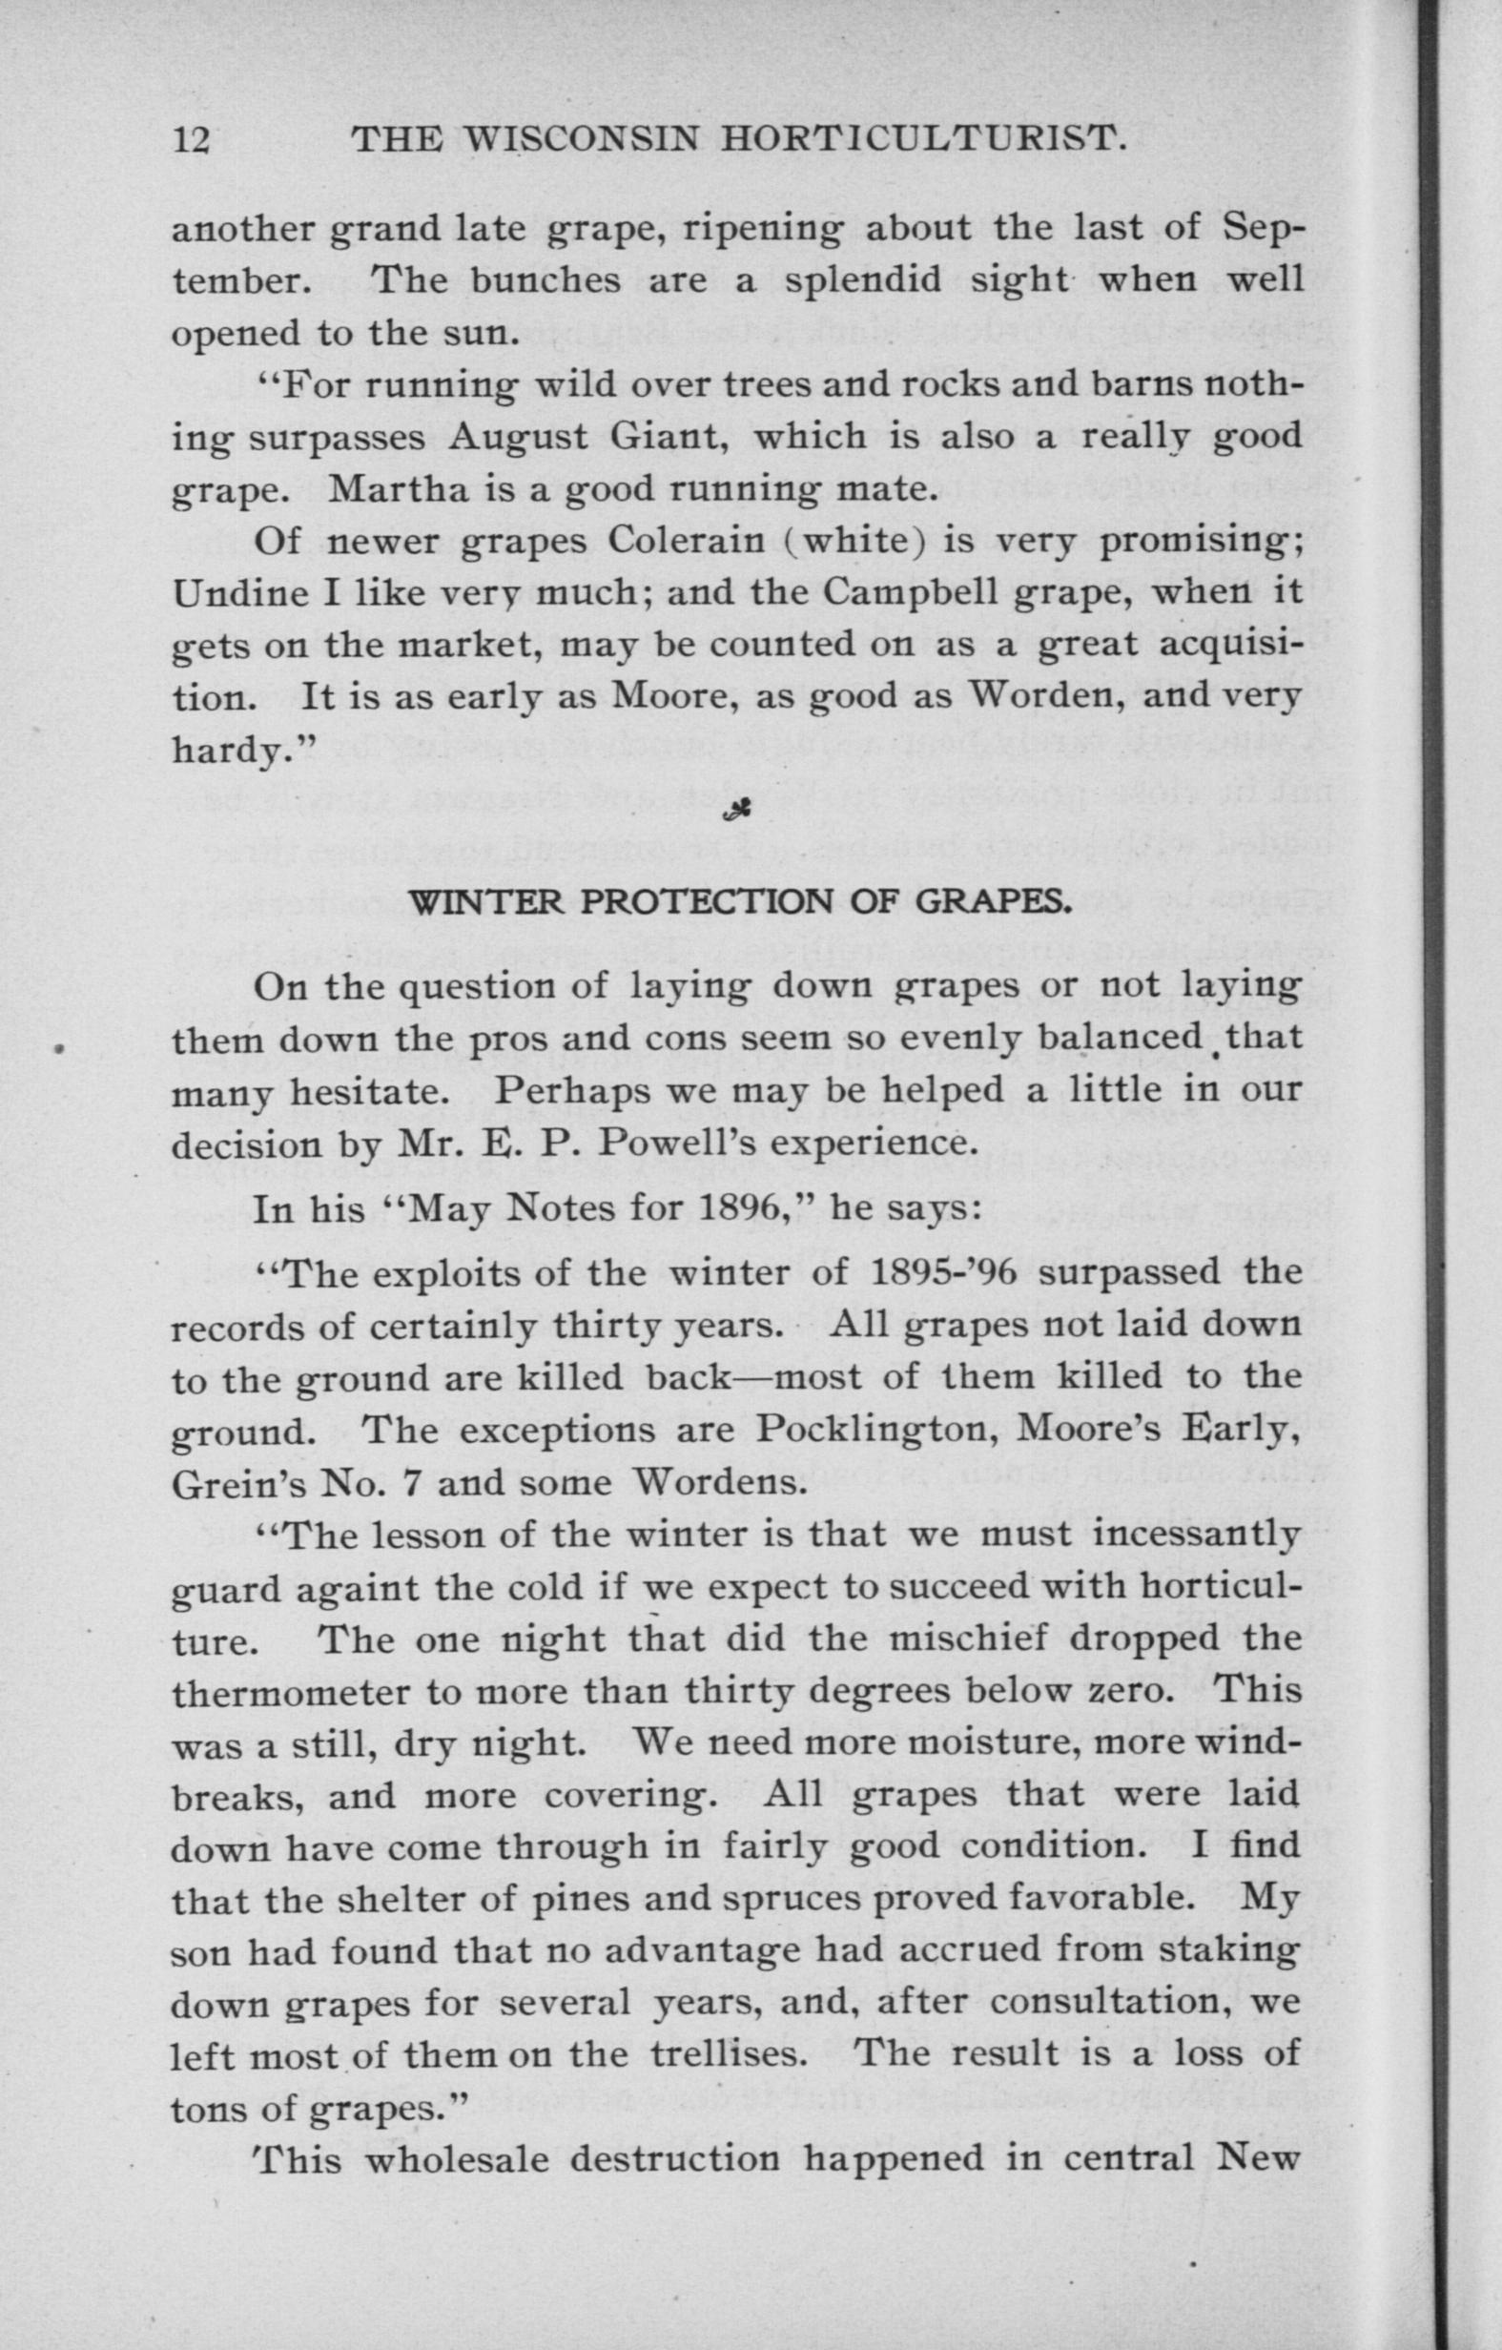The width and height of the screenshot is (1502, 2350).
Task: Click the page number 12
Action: coord(192,141)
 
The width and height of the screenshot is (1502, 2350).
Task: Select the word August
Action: coord(518,436)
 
